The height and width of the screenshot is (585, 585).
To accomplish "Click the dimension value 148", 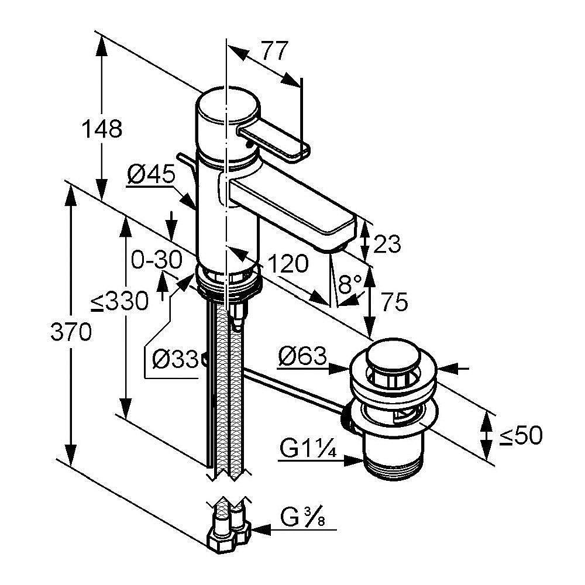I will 102,129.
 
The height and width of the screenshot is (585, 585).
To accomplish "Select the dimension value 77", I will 274,52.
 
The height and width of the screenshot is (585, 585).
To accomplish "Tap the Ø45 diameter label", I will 152,174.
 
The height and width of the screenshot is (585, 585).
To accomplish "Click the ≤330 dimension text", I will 119,302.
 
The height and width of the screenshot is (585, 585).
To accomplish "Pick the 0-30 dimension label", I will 156,260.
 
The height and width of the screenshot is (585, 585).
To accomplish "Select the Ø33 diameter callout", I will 173,358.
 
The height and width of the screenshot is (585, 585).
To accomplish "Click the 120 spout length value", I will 287,264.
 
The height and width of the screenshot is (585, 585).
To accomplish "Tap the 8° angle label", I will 350,285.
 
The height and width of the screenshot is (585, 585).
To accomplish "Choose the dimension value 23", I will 386,243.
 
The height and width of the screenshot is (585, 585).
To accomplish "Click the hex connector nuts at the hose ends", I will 228,534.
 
